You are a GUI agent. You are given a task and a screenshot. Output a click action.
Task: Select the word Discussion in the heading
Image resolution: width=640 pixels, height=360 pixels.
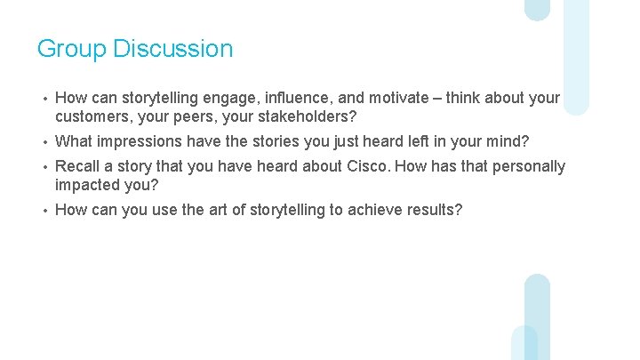coord(173,49)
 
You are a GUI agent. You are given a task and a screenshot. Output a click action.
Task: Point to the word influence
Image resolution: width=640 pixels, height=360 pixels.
coord(304,98)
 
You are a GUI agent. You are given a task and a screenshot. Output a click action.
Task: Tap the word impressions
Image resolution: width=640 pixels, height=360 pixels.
coord(142,141)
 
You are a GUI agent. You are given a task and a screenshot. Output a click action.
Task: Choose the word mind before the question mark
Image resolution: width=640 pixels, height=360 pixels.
coord(503,141)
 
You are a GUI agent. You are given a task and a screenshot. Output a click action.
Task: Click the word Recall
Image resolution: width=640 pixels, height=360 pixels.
coord(78,166)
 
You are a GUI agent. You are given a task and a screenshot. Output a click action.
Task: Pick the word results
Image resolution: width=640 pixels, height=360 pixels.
coord(430,210)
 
